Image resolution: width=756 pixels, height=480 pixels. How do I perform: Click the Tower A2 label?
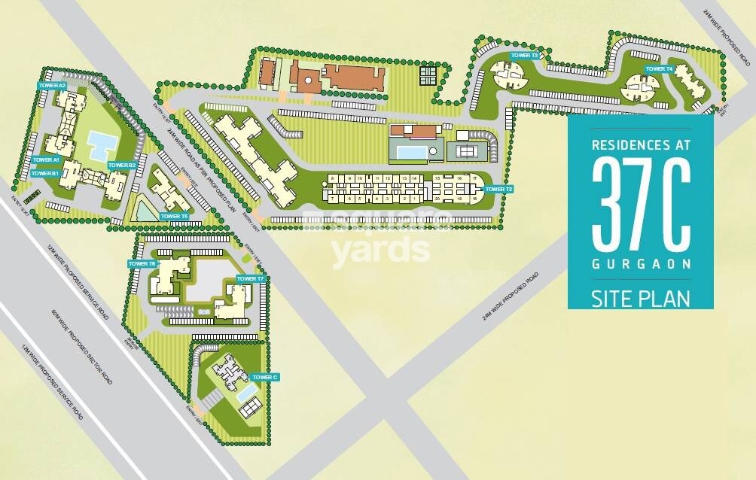52,87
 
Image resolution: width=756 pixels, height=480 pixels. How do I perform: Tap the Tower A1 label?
46,159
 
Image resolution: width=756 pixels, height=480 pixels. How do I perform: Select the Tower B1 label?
45,174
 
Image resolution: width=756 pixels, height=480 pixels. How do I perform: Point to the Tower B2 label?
121,165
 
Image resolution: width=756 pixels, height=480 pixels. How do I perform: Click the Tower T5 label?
174,217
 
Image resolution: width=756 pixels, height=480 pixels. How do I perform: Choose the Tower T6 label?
142,264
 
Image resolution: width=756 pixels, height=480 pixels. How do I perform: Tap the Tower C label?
265,377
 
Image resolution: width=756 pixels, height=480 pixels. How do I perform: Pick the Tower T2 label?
499,189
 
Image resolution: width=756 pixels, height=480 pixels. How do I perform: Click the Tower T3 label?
524,56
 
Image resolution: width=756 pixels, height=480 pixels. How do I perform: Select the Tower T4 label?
659,69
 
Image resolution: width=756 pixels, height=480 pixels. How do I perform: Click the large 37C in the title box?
640,207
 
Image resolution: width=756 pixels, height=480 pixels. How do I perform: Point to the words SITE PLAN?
640,298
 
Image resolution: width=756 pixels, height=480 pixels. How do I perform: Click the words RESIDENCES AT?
640,143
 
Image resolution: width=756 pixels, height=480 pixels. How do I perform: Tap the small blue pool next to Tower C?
245,394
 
